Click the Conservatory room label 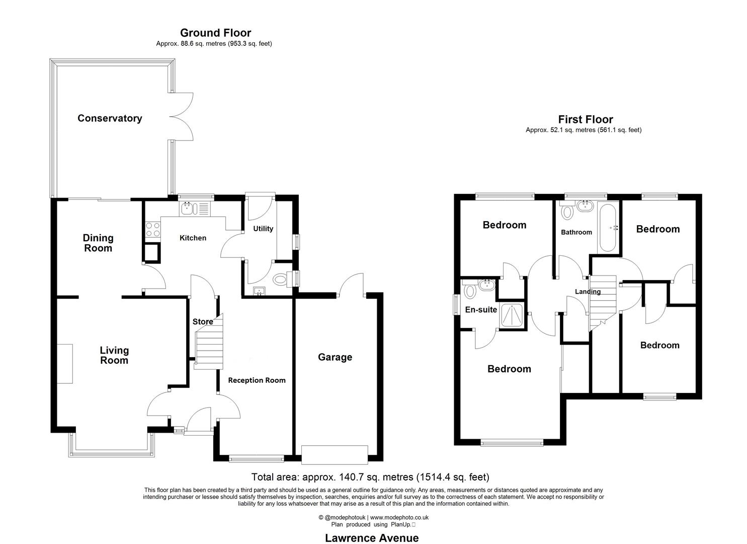(110, 118)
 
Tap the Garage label (335, 357)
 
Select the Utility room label (263, 229)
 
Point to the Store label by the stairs (203, 321)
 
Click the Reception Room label (257, 380)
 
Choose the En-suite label (481, 310)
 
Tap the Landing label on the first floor (588, 292)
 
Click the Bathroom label (576, 232)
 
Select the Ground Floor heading (215, 33)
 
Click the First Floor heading (586, 119)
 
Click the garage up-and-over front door (335, 454)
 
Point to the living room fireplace (64, 364)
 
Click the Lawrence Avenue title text (372, 538)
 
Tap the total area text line (370, 477)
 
